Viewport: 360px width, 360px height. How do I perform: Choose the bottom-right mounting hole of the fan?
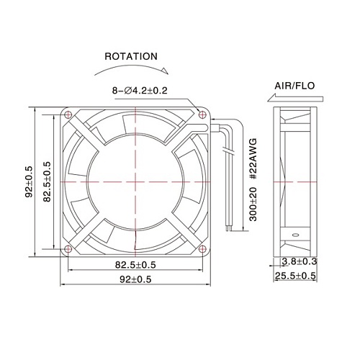click(x=202, y=248)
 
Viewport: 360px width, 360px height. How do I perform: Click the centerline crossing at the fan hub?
click(x=135, y=181)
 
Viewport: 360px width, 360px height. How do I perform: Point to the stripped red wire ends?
click(x=229, y=226)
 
